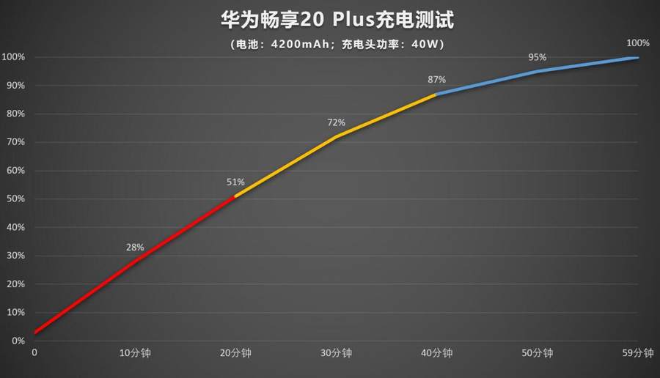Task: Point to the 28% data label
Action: pyautogui.click(x=135, y=248)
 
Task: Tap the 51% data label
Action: pyautogui.click(x=235, y=182)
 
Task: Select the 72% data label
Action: pyautogui.click(x=336, y=122)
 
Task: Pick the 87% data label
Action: pyautogui.click(x=436, y=79)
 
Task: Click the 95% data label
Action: pyautogui.click(x=538, y=57)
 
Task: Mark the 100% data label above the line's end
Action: pyautogui.click(x=637, y=42)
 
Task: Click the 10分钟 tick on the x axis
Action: pyautogui.click(x=135, y=353)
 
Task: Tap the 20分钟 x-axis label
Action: pyautogui.click(x=235, y=353)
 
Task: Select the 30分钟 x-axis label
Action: pyautogui.click(x=336, y=353)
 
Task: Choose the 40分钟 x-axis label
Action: pyautogui.click(x=436, y=353)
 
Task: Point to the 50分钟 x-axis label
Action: pyautogui.click(x=538, y=353)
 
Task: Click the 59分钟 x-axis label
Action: pyautogui.click(x=637, y=353)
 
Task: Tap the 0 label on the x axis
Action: pyautogui.click(x=34, y=353)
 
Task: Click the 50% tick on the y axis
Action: pyautogui.click(x=14, y=199)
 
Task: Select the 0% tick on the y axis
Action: pyautogui.click(x=16, y=341)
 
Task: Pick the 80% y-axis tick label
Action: pyautogui.click(x=14, y=114)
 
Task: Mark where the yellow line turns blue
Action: pyautogui.click(x=436, y=94)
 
